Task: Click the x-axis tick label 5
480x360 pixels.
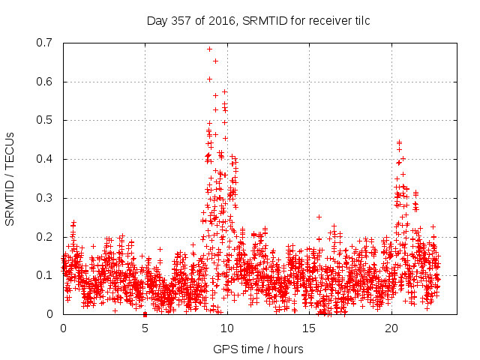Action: coord(145,328)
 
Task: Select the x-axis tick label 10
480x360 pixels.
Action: coord(226,328)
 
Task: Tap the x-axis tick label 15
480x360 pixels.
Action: coord(308,328)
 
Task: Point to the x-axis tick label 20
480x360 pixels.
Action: coord(391,328)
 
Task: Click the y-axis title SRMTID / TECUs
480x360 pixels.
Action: coord(10,178)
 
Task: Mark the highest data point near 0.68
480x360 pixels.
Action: coord(209,49)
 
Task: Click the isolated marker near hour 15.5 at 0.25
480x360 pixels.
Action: coord(319,217)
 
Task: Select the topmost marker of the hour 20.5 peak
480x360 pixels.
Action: coord(399,141)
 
